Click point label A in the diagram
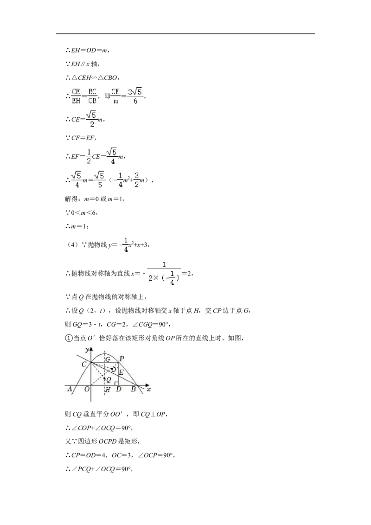pos(70,389)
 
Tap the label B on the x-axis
pos(133,389)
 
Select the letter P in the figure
pos(122,359)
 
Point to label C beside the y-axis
pos(84,364)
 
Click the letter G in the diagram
pos(108,359)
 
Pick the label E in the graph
pos(121,372)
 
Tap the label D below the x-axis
pos(119,389)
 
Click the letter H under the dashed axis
pos(108,390)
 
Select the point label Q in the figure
pos(109,380)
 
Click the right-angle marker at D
pos(116,383)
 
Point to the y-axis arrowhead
pos(91,349)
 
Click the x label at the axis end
pos(149,389)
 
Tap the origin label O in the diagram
pos(87,389)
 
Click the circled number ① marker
pos(68,338)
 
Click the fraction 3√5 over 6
pos(135,96)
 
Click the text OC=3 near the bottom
pos(122,455)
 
